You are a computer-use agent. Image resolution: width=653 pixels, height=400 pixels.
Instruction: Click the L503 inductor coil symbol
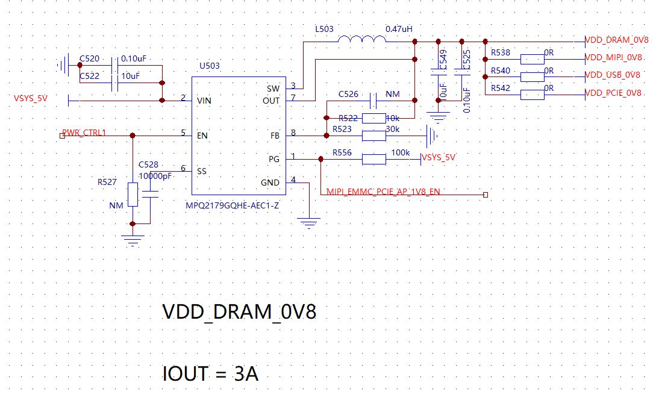(x=362, y=40)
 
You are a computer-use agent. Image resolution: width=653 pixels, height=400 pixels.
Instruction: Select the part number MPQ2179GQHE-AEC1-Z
(x=233, y=205)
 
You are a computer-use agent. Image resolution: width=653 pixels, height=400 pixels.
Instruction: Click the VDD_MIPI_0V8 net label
(x=613, y=58)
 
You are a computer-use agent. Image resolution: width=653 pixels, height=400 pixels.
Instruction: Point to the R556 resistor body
(x=373, y=159)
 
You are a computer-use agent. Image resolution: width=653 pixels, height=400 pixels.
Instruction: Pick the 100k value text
(x=401, y=153)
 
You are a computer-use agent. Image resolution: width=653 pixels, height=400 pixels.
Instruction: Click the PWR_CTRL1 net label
(x=84, y=133)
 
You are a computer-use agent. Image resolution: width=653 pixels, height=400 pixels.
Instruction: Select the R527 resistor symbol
(x=133, y=195)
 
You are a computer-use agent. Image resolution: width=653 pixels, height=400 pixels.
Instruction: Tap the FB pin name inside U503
(x=275, y=136)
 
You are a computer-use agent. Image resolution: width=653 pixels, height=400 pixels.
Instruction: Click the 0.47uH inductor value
(x=399, y=29)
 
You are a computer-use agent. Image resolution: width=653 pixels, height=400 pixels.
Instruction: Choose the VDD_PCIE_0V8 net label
(x=613, y=93)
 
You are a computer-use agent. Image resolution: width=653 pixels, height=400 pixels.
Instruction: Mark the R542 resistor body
(x=532, y=94)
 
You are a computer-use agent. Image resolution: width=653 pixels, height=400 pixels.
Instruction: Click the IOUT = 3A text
(x=210, y=373)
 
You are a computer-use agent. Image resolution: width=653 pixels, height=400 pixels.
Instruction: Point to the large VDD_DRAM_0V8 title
(x=239, y=312)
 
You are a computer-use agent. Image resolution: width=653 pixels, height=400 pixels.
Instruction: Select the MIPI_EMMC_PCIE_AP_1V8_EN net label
(x=383, y=192)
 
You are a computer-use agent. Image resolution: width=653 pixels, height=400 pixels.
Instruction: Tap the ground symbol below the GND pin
(x=309, y=223)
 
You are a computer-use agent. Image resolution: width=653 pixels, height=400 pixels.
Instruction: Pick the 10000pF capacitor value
(x=155, y=176)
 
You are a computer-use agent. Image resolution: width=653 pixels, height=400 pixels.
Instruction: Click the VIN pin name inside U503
(x=204, y=101)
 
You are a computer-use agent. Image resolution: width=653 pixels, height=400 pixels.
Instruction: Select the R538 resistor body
(x=532, y=58)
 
